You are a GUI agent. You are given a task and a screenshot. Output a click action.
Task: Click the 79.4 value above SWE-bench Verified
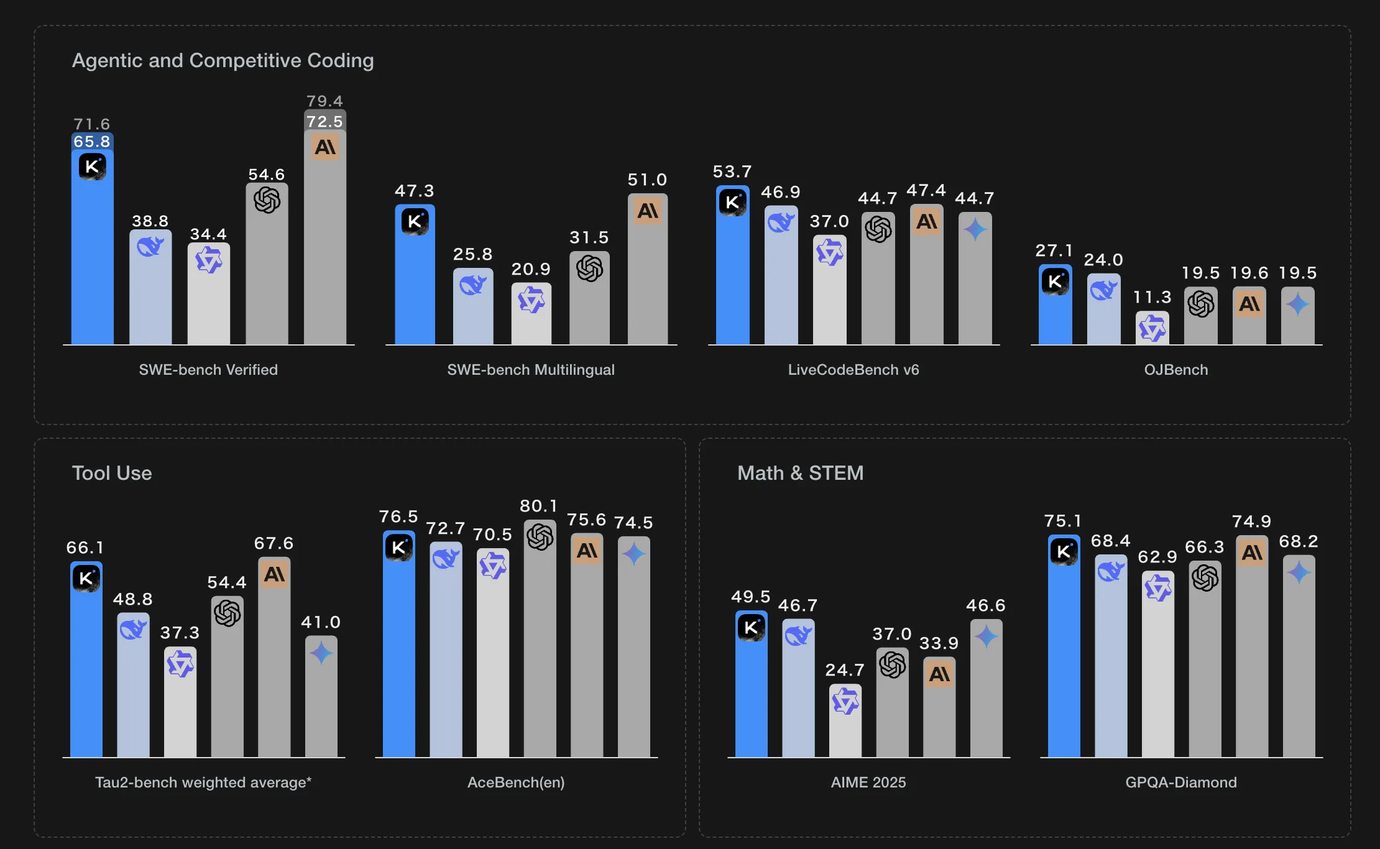pyautogui.click(x=324, y=101)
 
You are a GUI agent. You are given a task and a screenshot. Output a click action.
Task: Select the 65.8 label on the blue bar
pyautogui.click(x=92, y=142)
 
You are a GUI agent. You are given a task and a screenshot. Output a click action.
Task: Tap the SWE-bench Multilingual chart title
pyautogui.click(x=531, y=370)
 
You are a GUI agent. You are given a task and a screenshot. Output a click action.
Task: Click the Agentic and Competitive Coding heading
pyautogui.click(x=223, y=60)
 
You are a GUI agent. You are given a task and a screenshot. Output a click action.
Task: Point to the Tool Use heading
pyautogui.click(x=112, y=473)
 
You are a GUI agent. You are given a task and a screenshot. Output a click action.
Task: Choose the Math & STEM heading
pyautogui.click(x=800, y=473)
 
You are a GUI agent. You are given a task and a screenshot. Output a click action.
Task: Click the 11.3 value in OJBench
pyautogui.click(x=1152, y=297)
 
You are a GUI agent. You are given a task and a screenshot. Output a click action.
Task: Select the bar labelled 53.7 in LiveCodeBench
pyautogui.click(x=732, y=280)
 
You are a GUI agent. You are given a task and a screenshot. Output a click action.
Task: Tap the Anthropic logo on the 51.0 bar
pyautogui.click(x=648, y=211)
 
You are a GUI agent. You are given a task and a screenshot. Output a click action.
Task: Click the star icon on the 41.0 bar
pyautogui.click(x=321, y=653)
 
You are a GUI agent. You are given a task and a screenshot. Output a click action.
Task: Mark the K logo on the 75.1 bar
pyautogui.click(x=1064, y=551)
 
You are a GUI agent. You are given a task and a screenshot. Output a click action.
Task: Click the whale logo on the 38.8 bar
pyautogui.click(x=150, y=247)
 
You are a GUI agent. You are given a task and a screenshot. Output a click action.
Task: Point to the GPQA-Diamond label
pyautogui.click(x=1180, y=782)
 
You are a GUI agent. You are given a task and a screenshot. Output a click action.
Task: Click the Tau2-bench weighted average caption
pyautogui.click(x=203, y=782)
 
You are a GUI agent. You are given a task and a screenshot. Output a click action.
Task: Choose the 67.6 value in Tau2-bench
pyautogui.click(x=274, y=543)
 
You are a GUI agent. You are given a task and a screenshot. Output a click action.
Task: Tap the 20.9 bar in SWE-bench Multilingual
pyautogui.click(x=531, y=323)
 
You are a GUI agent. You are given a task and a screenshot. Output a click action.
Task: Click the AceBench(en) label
pyautogui.click(x=516, y=782)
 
